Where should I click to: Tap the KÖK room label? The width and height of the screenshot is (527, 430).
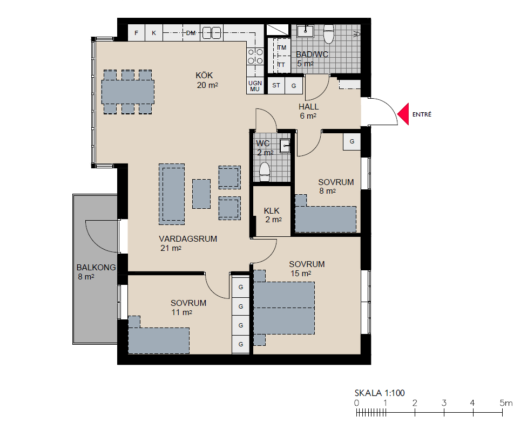pyautogui.click(x=204, y=75)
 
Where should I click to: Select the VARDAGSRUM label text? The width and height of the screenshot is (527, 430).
pyautogui.click(x=188, y=239)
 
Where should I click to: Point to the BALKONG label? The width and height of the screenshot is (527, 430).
pyautogui.click(x=96, y=268)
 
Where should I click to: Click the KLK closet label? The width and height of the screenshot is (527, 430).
pyautogui.click(x=272, y=210)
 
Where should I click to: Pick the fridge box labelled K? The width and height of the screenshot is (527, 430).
pyautogui.click(x=154, y=33)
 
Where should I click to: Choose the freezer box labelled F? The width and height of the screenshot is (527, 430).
pyautogui.click(x=137, y=33)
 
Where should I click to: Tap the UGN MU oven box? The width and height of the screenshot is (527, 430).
pyautogui.click(x=255, y=86)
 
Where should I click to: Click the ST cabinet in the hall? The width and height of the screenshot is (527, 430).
pyautogui.click(x=276, y=85)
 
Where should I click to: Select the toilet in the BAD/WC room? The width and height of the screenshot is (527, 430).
pyautogui.click(x=329, y=35)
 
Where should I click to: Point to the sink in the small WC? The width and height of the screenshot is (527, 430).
pyautogui.click(x=285, y=146)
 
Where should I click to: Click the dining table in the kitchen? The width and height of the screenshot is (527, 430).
pyautogui.click(x=128, y=92)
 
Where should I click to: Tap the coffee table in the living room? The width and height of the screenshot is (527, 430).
pyautogui.click(x=201, y=194)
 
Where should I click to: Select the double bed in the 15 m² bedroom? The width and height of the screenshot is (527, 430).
pyautogui.click(x=284, y=308)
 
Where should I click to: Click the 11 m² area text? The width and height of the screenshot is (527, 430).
pyautogui.click(x=182, y=312)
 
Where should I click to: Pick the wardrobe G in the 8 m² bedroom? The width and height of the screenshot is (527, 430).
pyautogui.click(x=352, y=141)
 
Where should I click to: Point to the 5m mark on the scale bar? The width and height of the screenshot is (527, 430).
pyautogui.click(x=503, y=413)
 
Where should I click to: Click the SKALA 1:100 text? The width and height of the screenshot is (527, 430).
pyautogui.click(x=380, y=393)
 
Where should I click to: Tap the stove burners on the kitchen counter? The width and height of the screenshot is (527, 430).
pyautogui.click(x=255, y=57)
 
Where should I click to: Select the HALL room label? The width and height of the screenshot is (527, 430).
pyautogui.click(x=308, y=107)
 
